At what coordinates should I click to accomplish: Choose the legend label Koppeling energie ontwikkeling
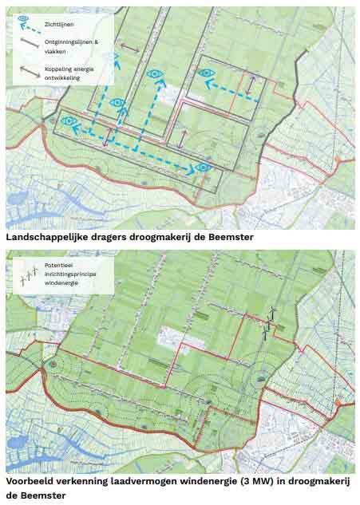coord(70,73)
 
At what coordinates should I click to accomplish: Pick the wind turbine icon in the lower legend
coord(29,275)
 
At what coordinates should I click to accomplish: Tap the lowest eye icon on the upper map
coord(203,167)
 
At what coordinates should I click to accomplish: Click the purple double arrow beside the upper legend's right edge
coord(129,49)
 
